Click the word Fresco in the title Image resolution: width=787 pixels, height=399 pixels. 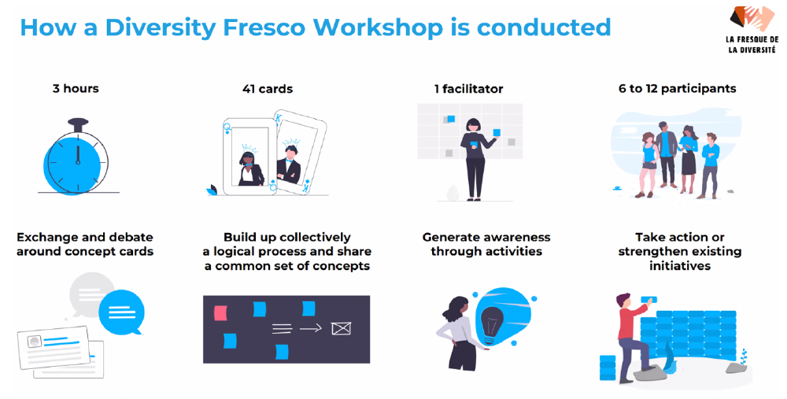point(264,27)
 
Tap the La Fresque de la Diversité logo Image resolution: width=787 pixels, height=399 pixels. point(752,30)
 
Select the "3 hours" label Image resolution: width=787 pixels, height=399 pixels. point(76,89)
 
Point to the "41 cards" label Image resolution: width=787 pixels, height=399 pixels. point(268,90)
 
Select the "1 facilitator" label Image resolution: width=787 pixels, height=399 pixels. point(469,90)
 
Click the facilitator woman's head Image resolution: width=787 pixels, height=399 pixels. point(473,125)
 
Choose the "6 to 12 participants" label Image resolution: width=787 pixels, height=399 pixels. point(678,89)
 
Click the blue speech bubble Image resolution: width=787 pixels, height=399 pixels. point(121,312)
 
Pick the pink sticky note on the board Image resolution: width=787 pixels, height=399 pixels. point(220,313)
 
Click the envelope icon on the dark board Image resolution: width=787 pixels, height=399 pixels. point(342,329)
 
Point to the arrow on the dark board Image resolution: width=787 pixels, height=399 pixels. point(311,329)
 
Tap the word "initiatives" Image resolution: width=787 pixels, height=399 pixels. point(680,266)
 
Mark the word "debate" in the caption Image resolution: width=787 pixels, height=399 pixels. point(130,238)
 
